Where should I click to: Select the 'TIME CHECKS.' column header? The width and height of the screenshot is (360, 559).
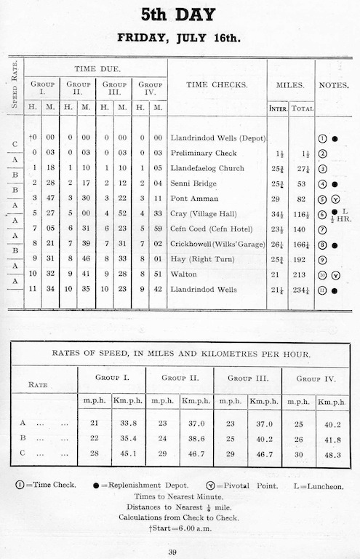click(217, 85)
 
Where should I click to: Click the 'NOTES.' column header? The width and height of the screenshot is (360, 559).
click(335, 85)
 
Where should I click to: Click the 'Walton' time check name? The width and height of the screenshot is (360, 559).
click(184, 275)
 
